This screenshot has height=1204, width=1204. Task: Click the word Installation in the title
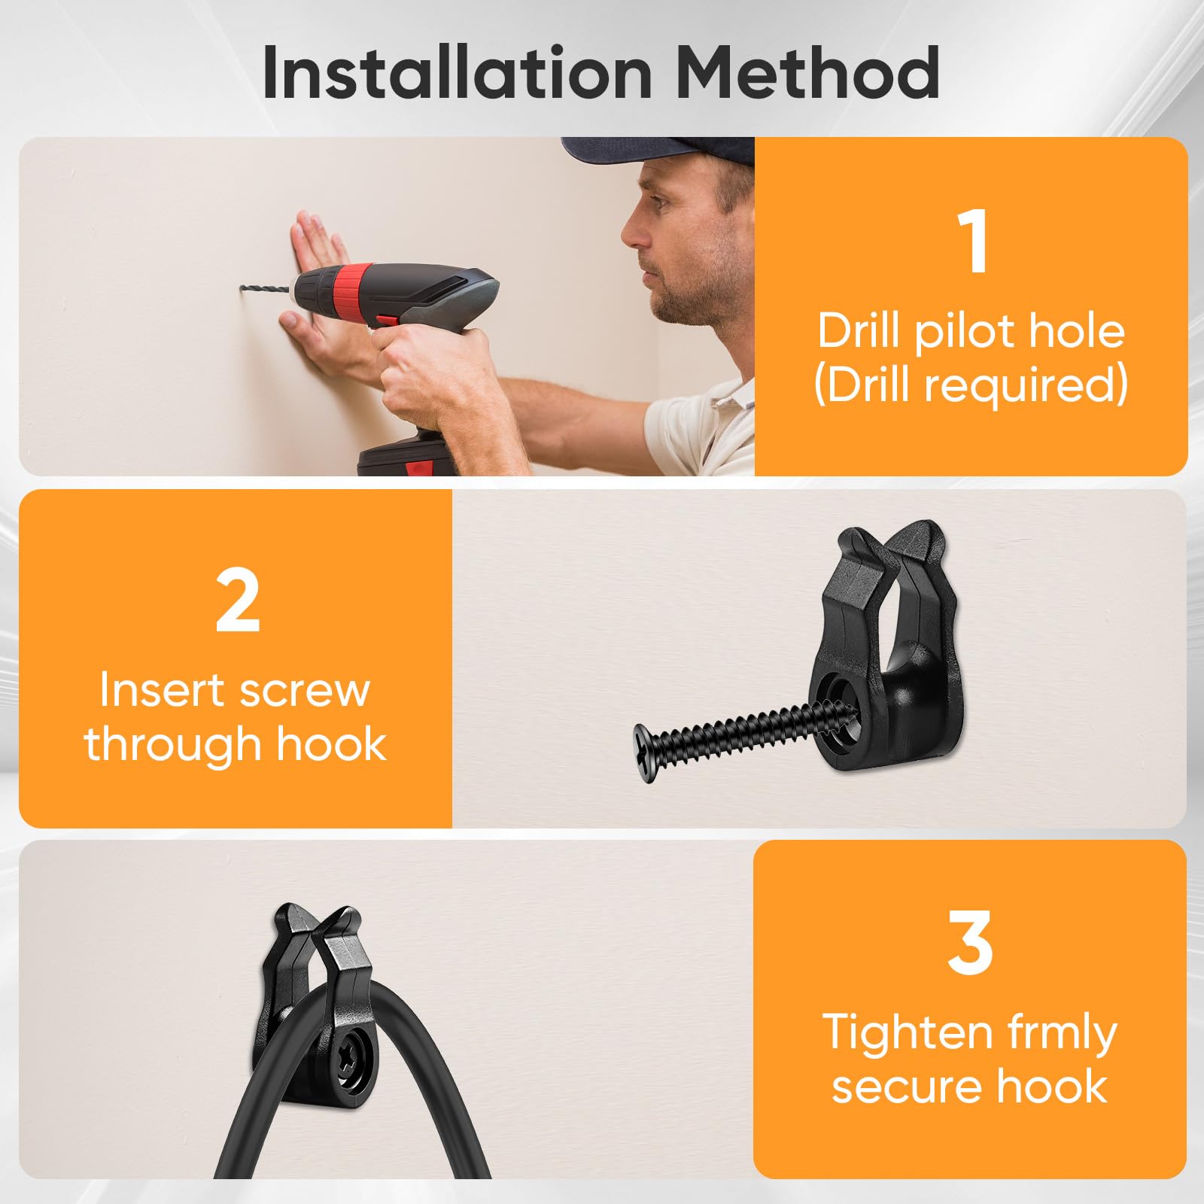[x=458, y=73]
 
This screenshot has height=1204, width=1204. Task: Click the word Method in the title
[x=807, y=73]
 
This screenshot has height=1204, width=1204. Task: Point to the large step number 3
[x=970, y=942]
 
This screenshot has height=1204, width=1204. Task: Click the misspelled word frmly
[x=1048, y=1035]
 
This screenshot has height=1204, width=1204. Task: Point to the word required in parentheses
[x=1026, y=385]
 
